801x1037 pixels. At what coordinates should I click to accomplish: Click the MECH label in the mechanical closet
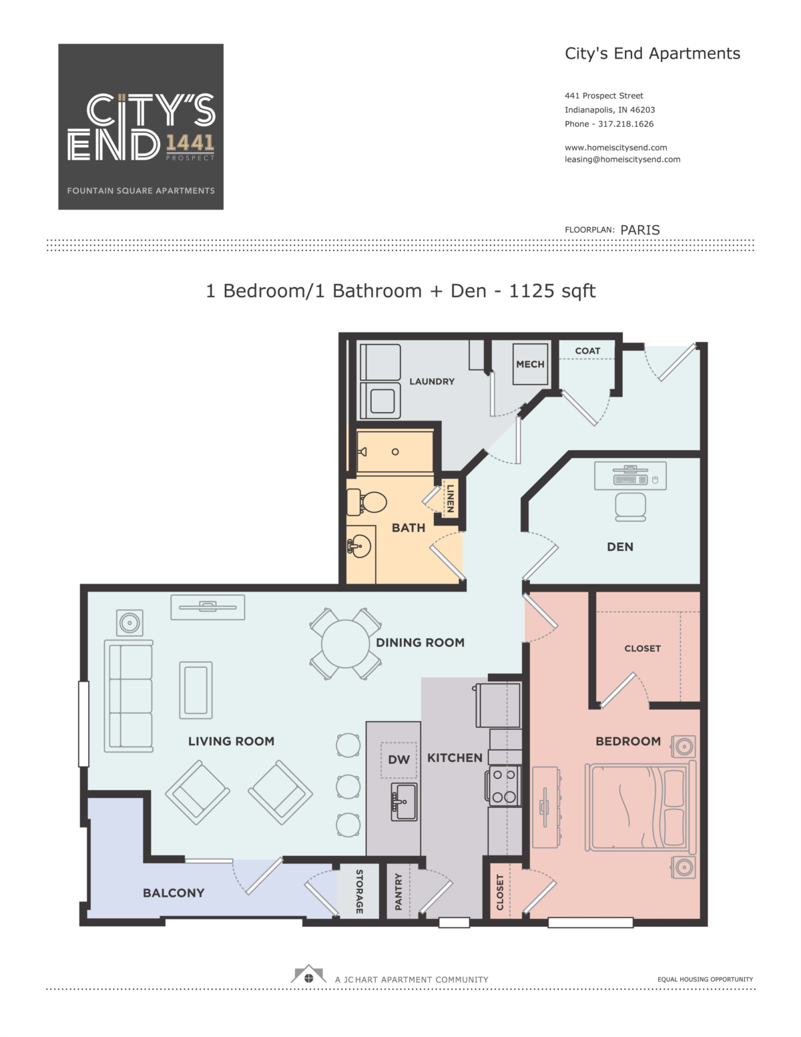click(530, 364)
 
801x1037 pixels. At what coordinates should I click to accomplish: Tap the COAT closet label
click(587, 351)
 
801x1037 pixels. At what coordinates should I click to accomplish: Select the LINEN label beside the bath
click(450, 499)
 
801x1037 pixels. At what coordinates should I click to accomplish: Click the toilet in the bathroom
click(366, 502)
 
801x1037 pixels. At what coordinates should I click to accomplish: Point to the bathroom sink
click(359, 546)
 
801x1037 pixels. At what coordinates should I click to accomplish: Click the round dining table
click(345, 644)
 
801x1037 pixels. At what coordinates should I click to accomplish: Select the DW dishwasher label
click(398, 759)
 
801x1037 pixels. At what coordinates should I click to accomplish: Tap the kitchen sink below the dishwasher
click(404, 802)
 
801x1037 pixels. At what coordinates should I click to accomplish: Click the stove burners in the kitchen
click(503, 786)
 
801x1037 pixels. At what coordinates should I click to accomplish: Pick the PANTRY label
click(398, 891)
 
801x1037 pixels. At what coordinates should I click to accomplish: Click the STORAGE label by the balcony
click(359, 891)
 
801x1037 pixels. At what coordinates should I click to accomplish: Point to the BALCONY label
click(174, 893)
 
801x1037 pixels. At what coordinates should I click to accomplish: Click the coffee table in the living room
click(196, 690)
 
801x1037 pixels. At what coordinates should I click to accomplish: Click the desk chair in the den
click(630, 507)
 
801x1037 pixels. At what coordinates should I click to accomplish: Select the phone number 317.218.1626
click(625, 124)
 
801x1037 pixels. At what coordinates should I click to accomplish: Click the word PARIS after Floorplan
click(639, 230)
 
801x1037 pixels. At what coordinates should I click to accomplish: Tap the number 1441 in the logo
click(190, 143)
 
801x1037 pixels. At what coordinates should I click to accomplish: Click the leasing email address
click(623, 160)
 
